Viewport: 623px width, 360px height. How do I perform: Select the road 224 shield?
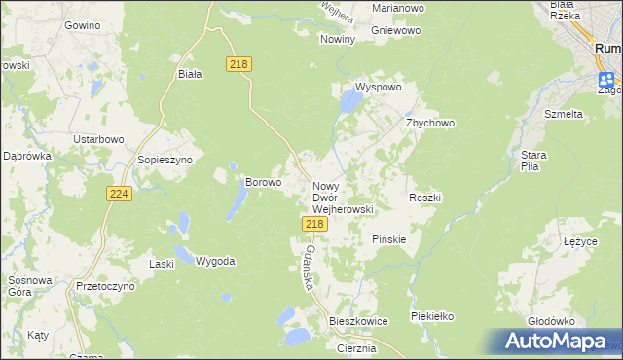(119, 195)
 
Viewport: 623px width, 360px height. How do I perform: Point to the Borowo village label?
(263, 181)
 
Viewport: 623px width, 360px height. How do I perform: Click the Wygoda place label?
(215, 261)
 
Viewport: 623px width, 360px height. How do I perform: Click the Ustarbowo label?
(101, 139)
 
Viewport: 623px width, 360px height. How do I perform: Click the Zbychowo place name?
(430, 124)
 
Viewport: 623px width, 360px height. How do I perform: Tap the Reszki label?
(425, 198)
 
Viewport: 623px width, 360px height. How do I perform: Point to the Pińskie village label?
(389, 239)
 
